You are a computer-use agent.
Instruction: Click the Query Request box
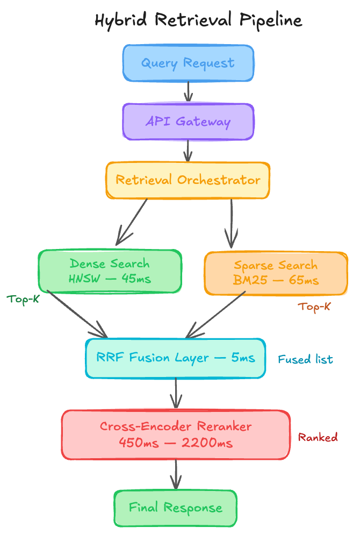click(188, 63)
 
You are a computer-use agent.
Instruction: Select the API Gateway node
click(188, 122)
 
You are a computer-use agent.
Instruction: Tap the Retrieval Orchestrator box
click(188, 180)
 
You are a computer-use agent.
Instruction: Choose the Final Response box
click(176, 508)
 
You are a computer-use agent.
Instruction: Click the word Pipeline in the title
click(271, 20)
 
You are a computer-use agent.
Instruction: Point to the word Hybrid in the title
click(121, 20)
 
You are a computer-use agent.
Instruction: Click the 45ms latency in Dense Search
click(136, 279)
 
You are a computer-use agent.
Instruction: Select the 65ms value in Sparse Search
click(304, 280)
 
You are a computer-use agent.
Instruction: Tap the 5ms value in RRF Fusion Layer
click(243, 358)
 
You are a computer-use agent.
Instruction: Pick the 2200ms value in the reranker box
click(207, 443)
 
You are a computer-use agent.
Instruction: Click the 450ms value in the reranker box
click(139, 443)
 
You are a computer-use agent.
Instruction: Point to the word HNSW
click(84, 279)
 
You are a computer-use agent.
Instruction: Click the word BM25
click(250, 280)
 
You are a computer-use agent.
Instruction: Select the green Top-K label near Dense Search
click(23, 299)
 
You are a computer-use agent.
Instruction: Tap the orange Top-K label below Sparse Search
click(314, 307)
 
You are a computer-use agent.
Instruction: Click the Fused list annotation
click(306, 359)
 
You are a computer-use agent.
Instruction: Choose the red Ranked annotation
click(318, 437)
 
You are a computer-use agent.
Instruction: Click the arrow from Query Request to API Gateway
click(188, 91)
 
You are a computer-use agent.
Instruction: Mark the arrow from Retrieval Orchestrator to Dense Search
click(132, 222)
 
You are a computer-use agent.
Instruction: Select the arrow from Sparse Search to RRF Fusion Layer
click(215, 315)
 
